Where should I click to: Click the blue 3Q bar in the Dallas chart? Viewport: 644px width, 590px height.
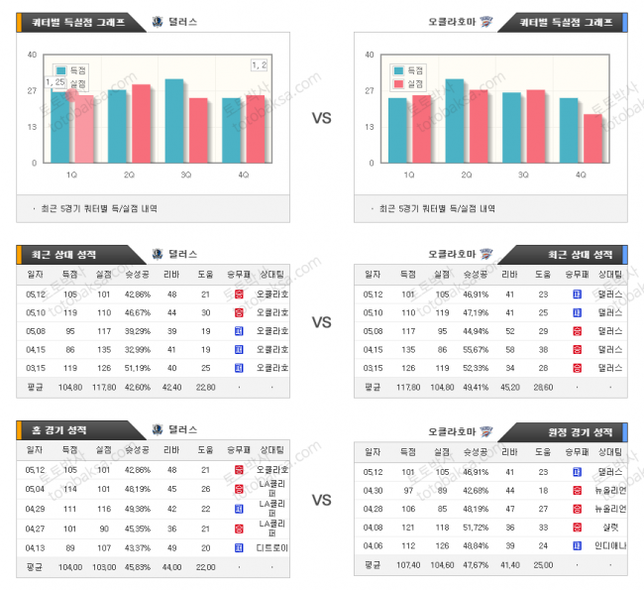click(174, 121)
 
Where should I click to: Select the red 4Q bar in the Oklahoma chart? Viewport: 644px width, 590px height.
click(592, 139)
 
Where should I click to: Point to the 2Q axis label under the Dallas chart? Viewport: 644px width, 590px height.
click(129, 175)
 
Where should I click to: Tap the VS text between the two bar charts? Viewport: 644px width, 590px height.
click(321, 118)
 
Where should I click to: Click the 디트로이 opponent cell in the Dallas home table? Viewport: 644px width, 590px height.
click(272, 546)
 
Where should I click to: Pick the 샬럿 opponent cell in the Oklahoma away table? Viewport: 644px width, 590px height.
click(610, 528)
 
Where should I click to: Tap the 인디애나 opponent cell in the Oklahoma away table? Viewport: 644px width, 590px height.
click(610, 546)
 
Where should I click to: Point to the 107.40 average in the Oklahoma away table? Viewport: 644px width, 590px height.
click(408, 564)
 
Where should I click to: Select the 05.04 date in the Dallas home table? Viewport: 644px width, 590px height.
click(36, 489)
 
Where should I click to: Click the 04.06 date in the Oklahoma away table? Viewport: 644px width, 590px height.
click(373, 546)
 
